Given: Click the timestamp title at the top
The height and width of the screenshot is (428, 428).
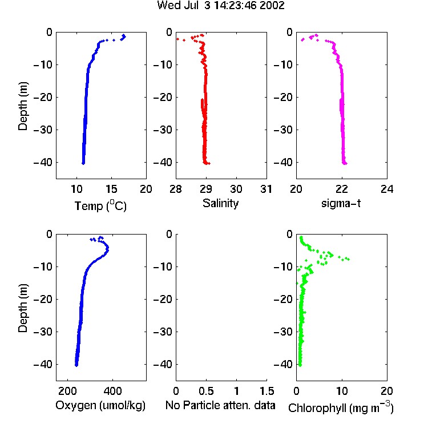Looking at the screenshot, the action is [x=221, y=5].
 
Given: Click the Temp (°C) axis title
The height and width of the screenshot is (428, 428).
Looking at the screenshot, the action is [x=100, y=205].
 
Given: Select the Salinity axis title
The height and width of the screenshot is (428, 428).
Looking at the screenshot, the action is [x=220, y=203].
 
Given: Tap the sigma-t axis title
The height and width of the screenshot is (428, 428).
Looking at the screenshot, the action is [x=341, y=203].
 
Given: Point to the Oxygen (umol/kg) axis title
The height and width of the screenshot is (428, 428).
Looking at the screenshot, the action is [x=100, y=405].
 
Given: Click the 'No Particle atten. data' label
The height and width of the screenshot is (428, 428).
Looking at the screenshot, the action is [x=220, y=405].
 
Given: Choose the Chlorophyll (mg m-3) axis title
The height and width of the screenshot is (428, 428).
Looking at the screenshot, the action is [x=341, y=407].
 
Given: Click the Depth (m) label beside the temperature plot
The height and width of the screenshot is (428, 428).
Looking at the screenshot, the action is [x=23, y=106].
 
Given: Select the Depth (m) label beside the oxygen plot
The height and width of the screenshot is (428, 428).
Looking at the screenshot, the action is [x=23, y=308].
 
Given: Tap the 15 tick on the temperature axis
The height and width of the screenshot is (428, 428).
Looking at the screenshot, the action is [x=111, y=189].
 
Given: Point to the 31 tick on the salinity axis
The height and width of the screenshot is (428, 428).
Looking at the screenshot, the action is [x=266, y=189].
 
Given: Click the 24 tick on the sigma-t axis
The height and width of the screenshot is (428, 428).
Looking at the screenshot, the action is [x=387, y=189].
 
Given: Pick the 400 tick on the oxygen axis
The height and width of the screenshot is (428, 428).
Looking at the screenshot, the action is [x=112, y=391].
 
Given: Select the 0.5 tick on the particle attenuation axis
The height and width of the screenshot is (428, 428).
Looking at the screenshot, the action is [x=206, y=391].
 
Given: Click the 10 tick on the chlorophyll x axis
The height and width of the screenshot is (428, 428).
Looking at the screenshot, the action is [x=342, y=391].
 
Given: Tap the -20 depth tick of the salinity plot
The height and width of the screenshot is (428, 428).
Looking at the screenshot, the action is [x=164, y=97].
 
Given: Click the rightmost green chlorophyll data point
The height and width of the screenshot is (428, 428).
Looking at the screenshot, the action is [x=348, y=259].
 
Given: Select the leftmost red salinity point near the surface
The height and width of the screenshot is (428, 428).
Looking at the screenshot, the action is [x=177, y=39].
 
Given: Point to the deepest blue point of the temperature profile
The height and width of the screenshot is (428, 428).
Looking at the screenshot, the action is [x=83, y=163].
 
